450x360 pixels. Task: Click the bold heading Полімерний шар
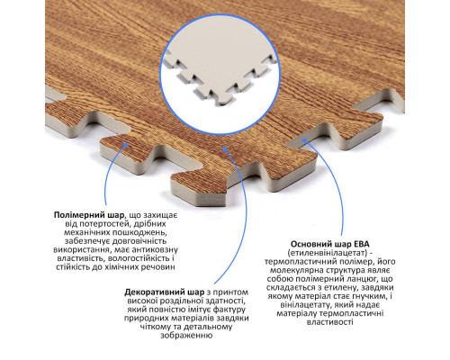[89, 215]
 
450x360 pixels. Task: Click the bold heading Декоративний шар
[165, 292]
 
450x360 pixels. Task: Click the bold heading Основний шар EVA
[330, 244]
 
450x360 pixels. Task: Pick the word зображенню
[186, 336]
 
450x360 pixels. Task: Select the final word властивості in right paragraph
[330, 322]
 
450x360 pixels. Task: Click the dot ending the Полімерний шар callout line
[126, 145]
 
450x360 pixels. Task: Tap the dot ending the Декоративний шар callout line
[225, 148]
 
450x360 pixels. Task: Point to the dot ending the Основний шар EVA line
[304, 139]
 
